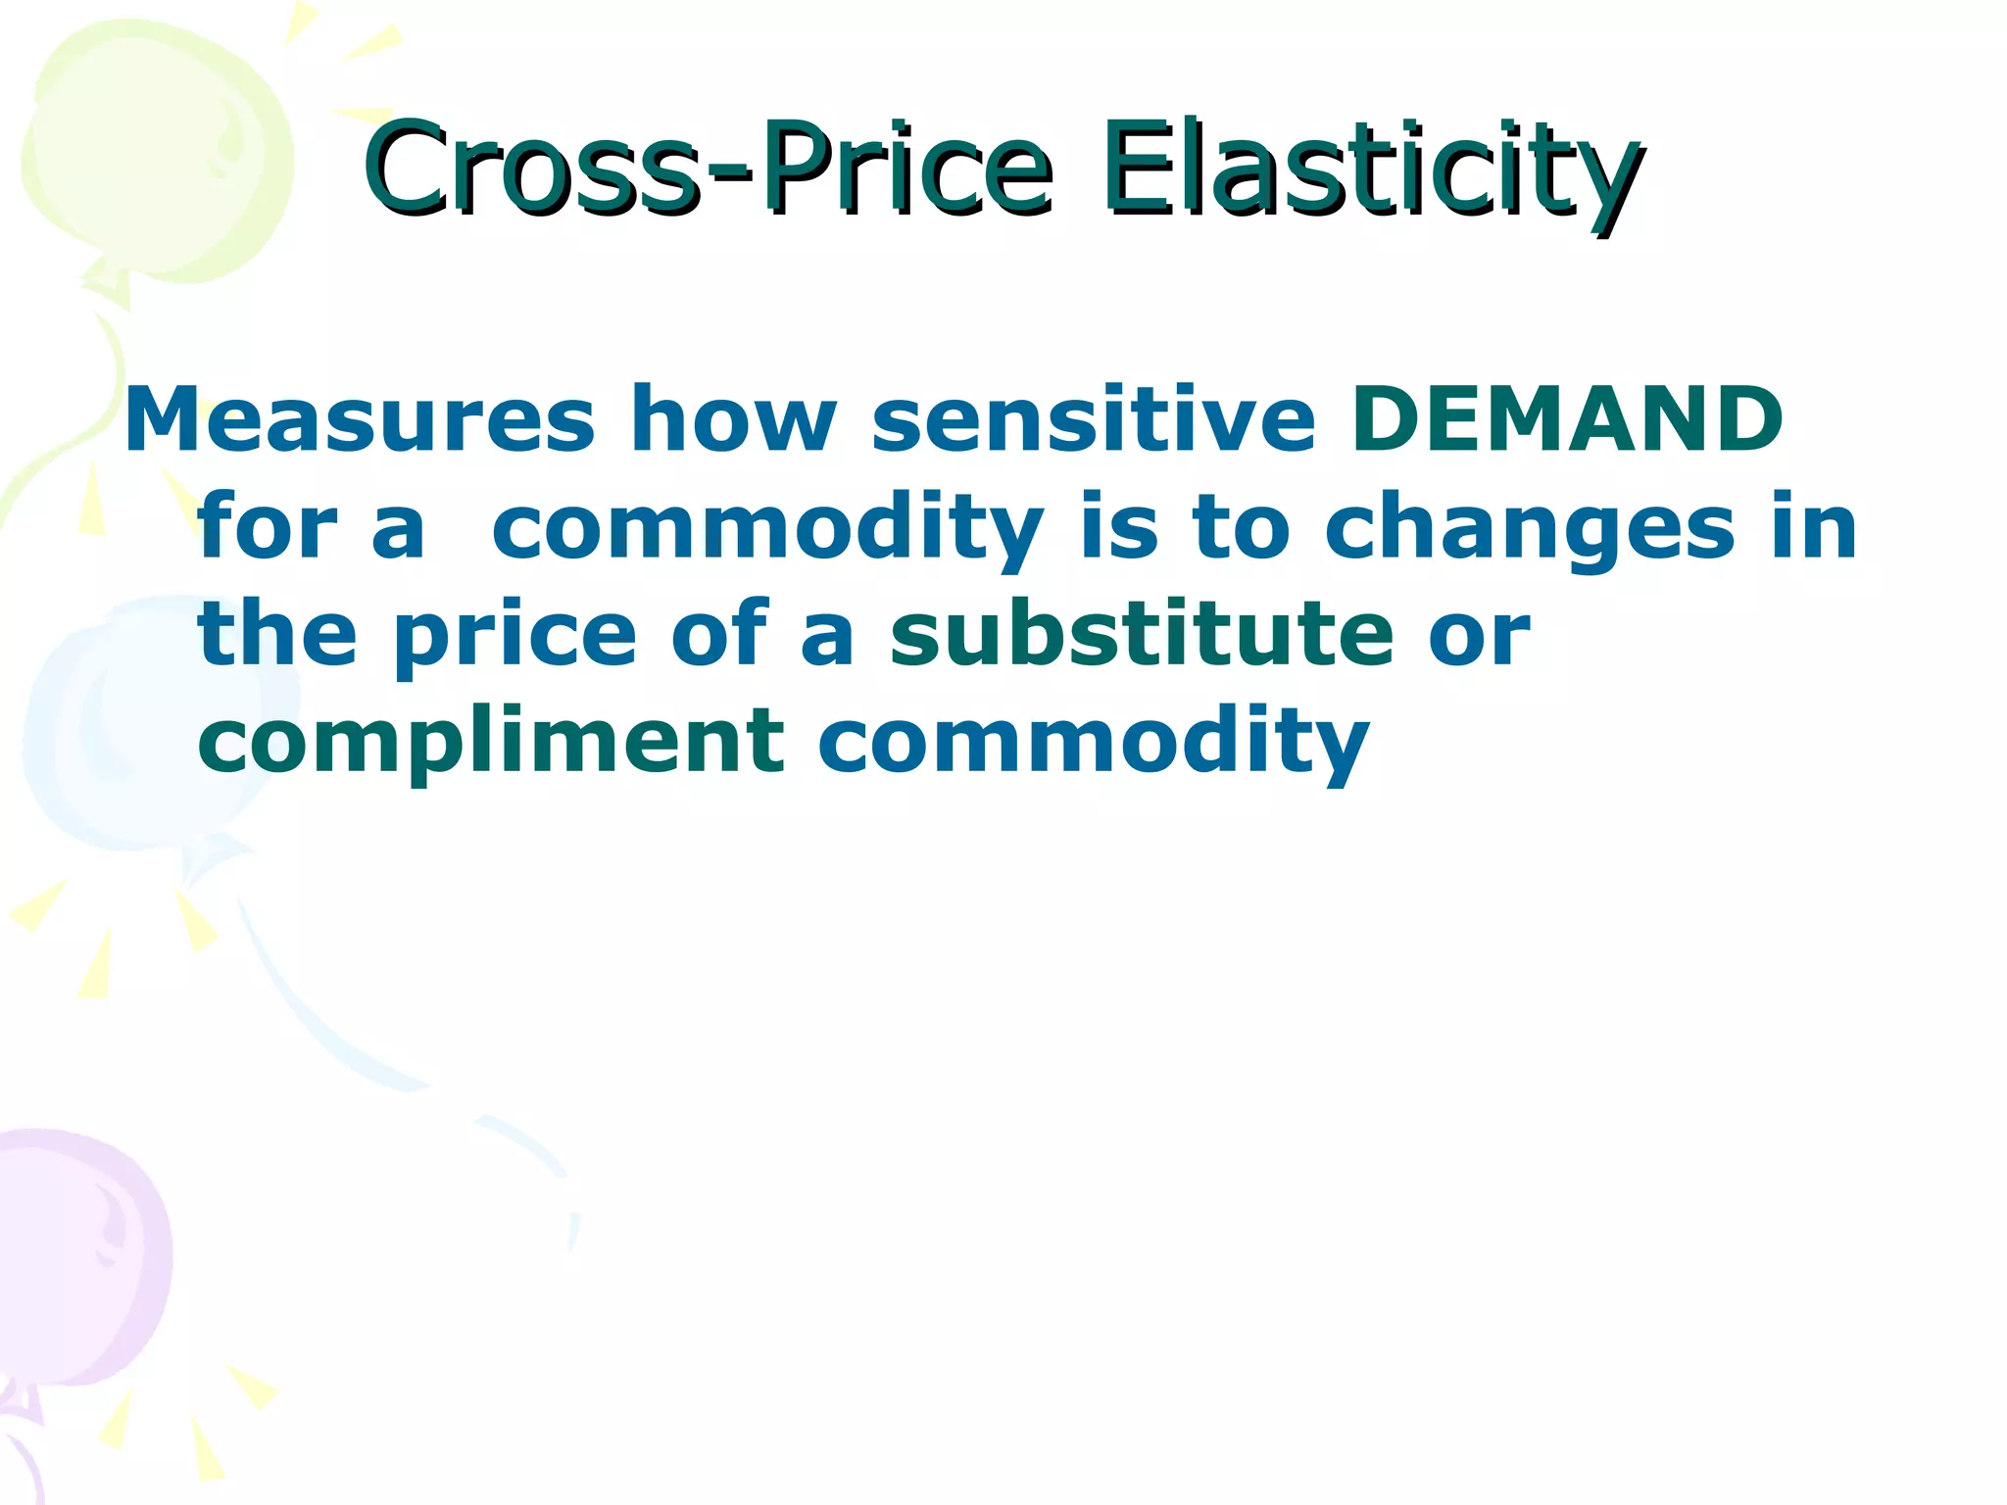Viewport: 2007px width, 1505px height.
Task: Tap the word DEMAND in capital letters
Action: click(x=1566, y=419)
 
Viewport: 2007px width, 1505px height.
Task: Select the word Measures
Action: click(x=359, y=419)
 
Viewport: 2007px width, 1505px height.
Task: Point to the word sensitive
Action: click(x=1093, y=419)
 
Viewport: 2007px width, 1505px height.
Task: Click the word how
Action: click(x=733, y=419)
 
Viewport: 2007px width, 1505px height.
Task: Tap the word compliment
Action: click(x=490, y=743)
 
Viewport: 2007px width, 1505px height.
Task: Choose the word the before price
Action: click(x=277, y=635)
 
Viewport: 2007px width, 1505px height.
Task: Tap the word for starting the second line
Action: click(x=267, y=529)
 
